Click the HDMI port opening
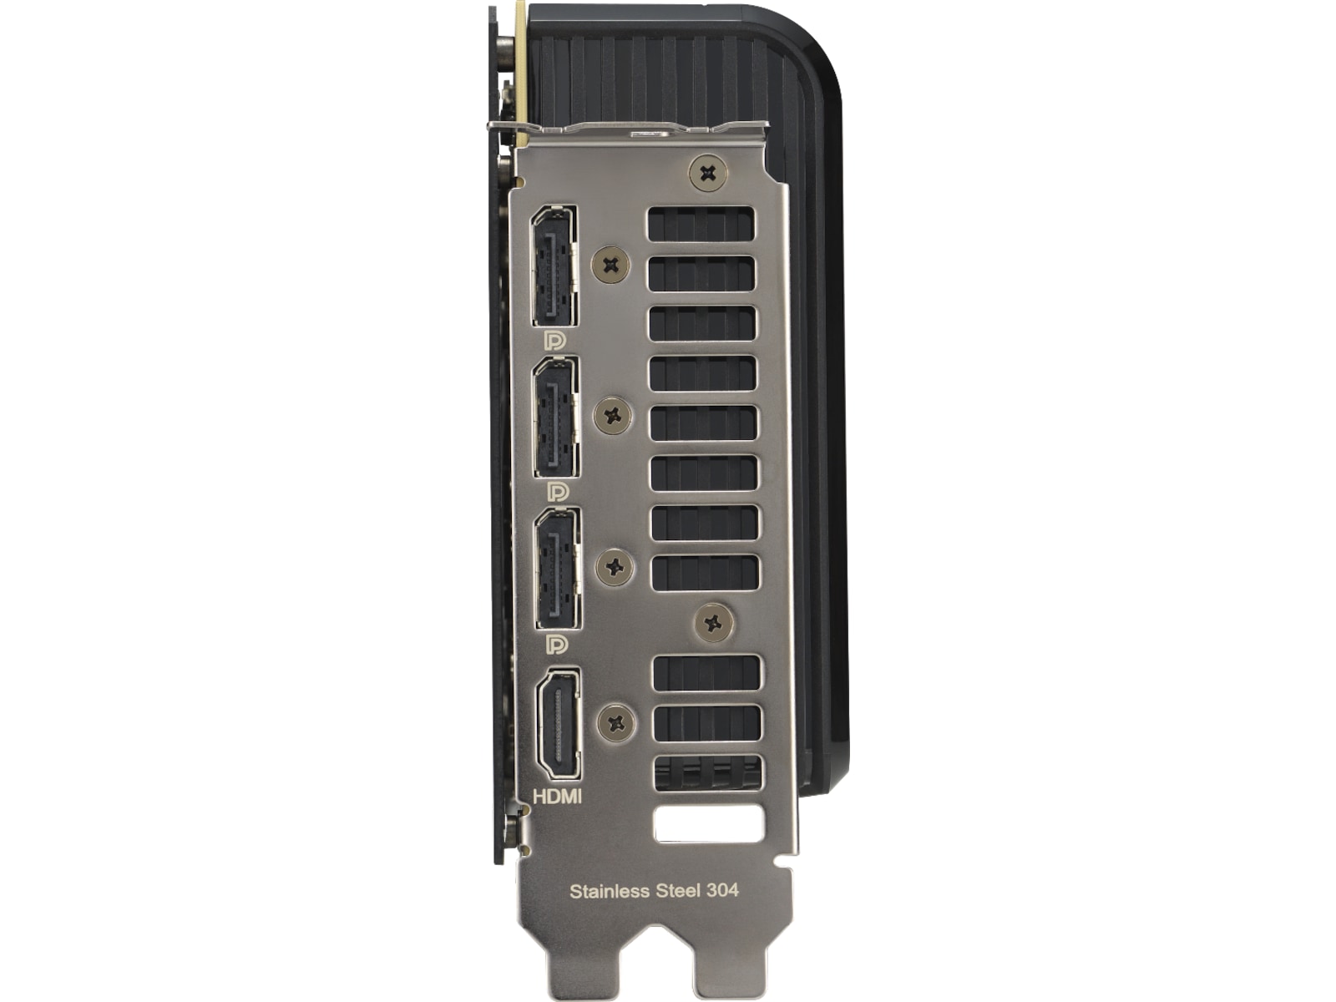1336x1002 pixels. (558, 724)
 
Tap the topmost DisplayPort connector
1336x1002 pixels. (554, 266)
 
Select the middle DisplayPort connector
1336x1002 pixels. (556, 417)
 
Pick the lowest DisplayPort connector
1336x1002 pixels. (558, 569)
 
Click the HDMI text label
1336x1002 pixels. (557, 797)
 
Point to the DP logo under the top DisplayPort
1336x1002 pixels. (554, 341)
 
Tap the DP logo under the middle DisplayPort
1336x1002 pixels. (558, 492)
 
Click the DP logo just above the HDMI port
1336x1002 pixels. (557, 644)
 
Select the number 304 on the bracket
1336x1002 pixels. (722, 891)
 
